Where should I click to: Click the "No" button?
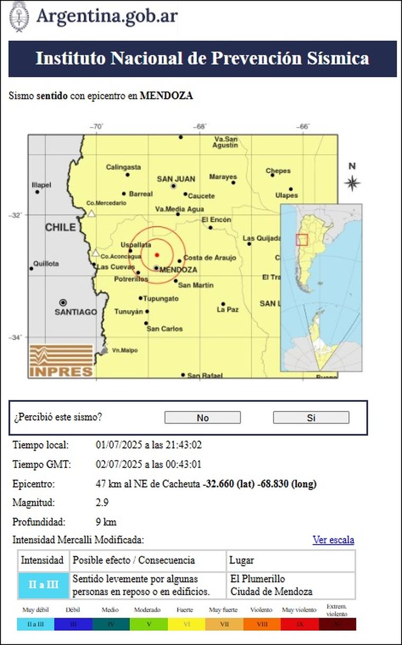[203, 418]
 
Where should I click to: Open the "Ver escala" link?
[333, 540]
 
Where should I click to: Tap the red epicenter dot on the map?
[157, 255]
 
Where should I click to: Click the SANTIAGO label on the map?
[76, 312]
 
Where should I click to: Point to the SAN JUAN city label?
[176, 179]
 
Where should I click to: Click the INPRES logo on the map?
[61, 361]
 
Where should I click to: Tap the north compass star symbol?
[352, 183]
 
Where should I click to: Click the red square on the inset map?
[301, 239]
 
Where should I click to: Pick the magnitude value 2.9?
[102, 502]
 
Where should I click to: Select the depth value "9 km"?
[106, 522]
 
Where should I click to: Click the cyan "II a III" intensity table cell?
[43, 585]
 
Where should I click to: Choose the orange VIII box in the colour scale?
[262, 624]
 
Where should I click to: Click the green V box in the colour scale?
[149, 624]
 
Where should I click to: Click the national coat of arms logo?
[19, 16]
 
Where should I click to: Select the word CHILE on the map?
[61, 227]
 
